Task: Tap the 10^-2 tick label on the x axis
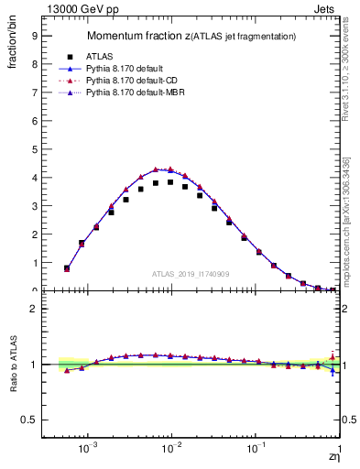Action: [x=170, y=450]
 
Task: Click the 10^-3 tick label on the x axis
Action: [x=87, y=450]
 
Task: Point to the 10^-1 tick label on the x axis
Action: [x=255, y=450]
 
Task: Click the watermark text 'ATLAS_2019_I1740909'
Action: [x=191, y=274]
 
